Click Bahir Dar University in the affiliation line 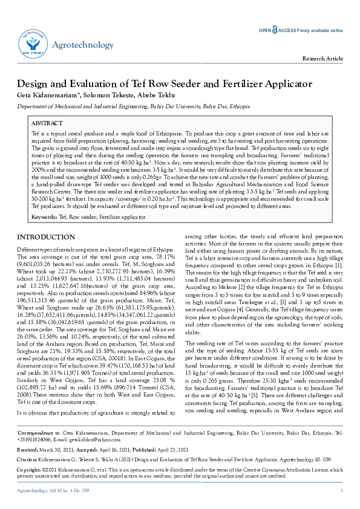tap(172, 105)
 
